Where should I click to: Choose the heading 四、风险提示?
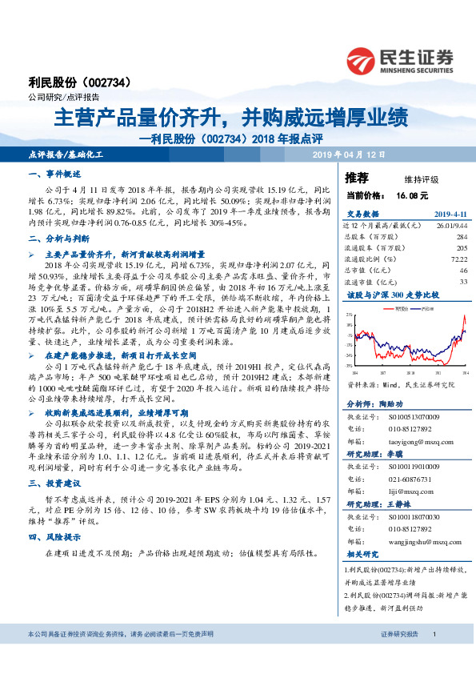55,558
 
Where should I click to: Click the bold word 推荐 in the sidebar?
356,178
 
